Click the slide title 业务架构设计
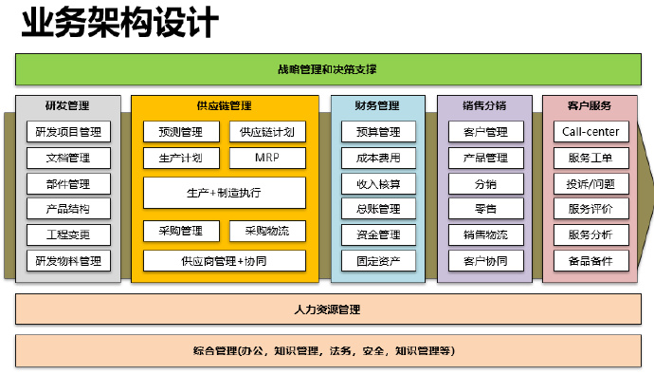[x=119, y=22]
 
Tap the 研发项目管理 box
[x=67, y=132]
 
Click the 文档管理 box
[x=67, y=158]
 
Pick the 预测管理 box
[x=179, y=132]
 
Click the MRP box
[x=267, y=158]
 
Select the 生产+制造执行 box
[x=224, y=193]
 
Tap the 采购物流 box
[x=267, y=230]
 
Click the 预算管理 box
[x=378, y=132]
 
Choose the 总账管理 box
[x=378, y=209]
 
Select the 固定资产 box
[x=378, y=260]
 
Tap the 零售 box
[x=485, y=209]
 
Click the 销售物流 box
[x=485, y=234]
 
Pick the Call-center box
[x=590, y=132]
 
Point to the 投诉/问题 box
[x=590, y=183]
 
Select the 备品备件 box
[x=590, y=260]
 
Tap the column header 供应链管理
[x=224, y=105]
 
